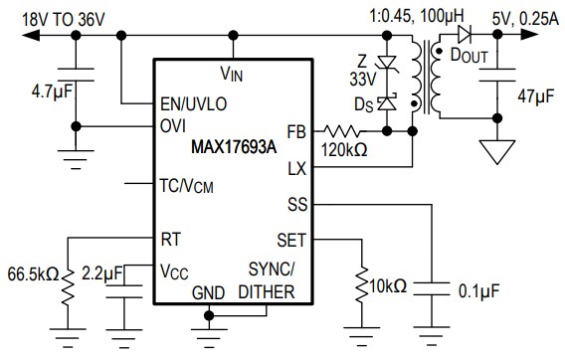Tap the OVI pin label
pyautogui.click(x=173, y=126)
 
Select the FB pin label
pyautogui.click(x=295, y=130)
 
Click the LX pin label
pyautogui.click(x=295, y=168)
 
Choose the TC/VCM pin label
pyautogui.click(x=186, y=185)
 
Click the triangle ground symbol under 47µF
pyautogui.click(x=493, y=151)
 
